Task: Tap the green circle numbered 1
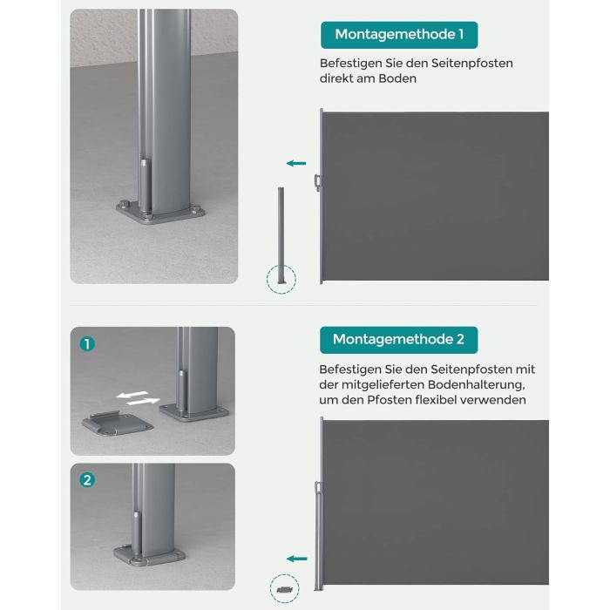[x=86, y=344]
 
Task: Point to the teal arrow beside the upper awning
[x=296, y=163]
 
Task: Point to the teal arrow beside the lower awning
[x=297, y=559]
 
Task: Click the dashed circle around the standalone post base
[x=281, y=280]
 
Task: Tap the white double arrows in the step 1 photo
[x=139, y=397]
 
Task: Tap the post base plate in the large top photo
[x=159, y=213]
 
